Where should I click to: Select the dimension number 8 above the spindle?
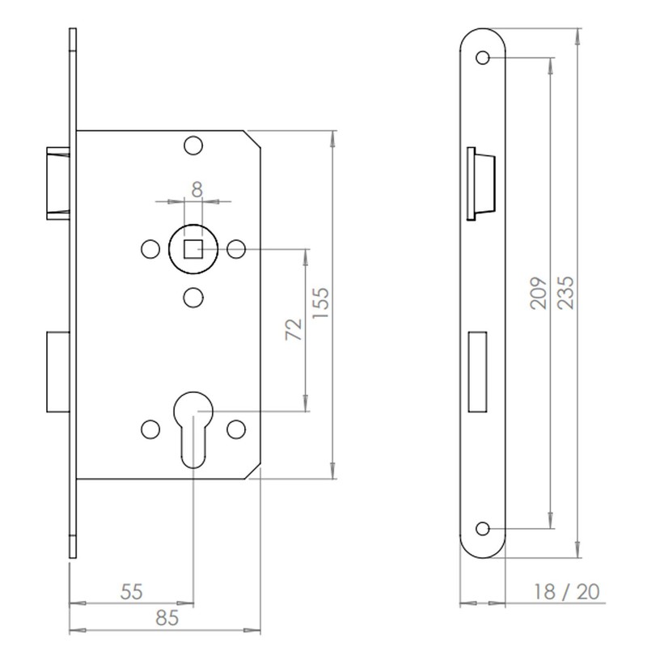196,190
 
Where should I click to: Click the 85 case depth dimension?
166,619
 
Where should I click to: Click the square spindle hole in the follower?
193,247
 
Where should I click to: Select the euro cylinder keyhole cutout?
193,429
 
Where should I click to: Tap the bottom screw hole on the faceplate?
484,528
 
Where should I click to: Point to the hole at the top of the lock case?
192,146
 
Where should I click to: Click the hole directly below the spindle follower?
192,298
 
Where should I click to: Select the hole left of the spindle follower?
150,248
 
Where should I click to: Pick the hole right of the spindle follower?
236,248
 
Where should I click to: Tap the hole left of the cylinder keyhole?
150,429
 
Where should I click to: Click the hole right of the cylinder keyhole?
236,429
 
